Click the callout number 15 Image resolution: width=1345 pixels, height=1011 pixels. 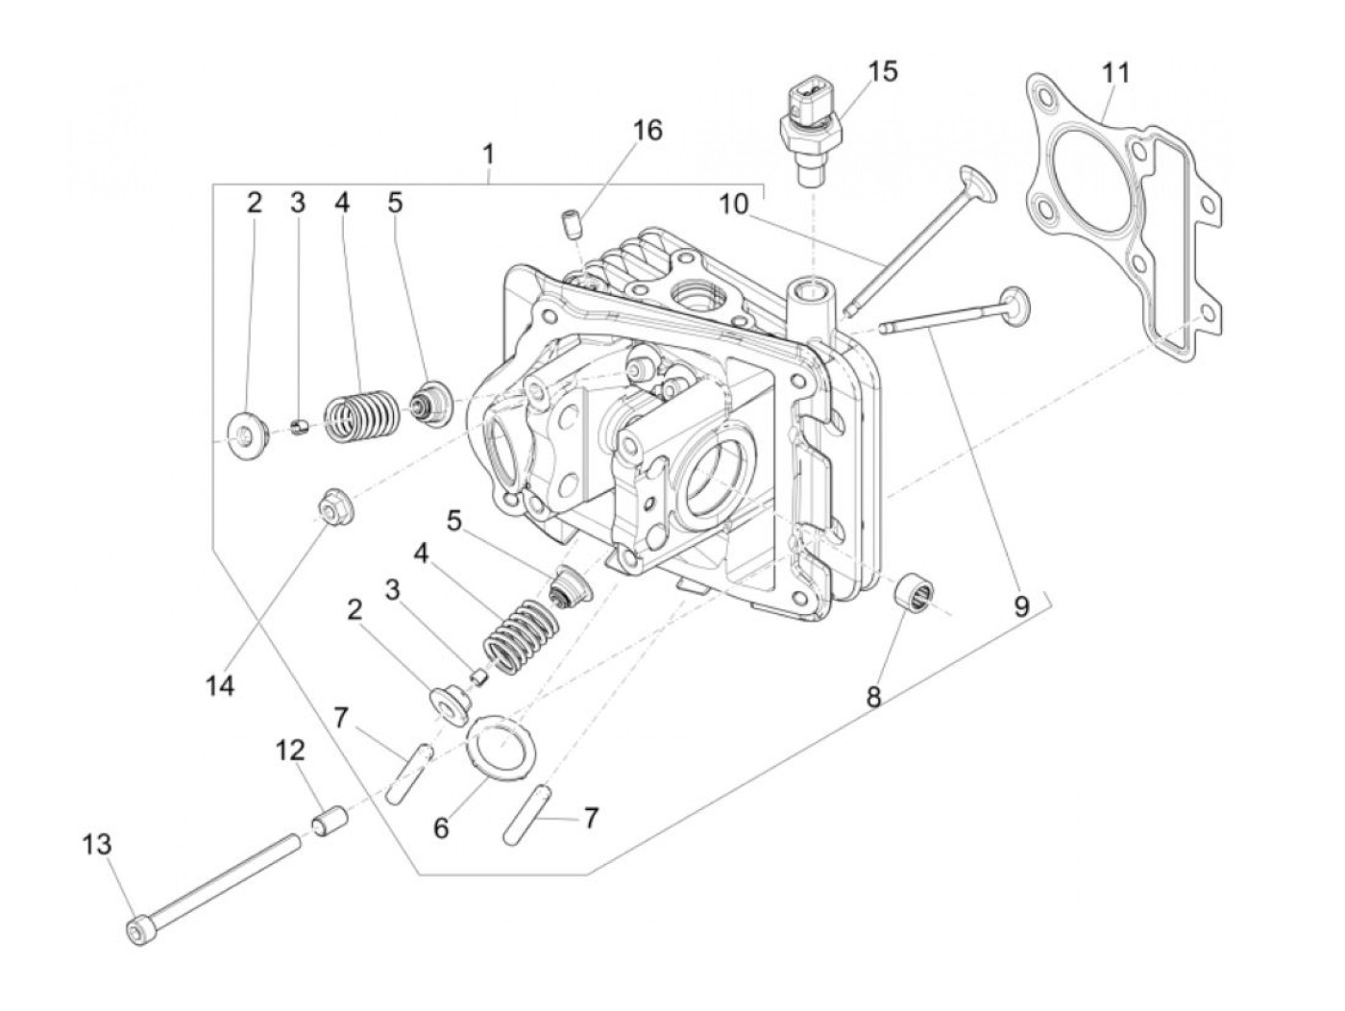pyautogui.click(x=882, y=72)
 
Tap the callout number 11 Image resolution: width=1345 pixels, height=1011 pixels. pyautogui.click(x=1115, y=73)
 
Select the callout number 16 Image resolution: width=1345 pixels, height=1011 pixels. pyautogui.click(x=648, y=130)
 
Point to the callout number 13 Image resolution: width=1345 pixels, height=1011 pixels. pyautogui.click(x=97, y=845)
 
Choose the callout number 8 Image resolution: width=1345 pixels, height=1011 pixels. pyautogui.click(x=873, y=697)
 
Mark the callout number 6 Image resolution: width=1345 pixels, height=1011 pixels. pyautogui.click(x=441, y=827)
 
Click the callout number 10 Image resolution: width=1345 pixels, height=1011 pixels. pyautogui.click(x=733, y=204)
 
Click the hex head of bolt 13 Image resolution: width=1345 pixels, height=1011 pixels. pyautogui.click(x=135, y=928)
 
